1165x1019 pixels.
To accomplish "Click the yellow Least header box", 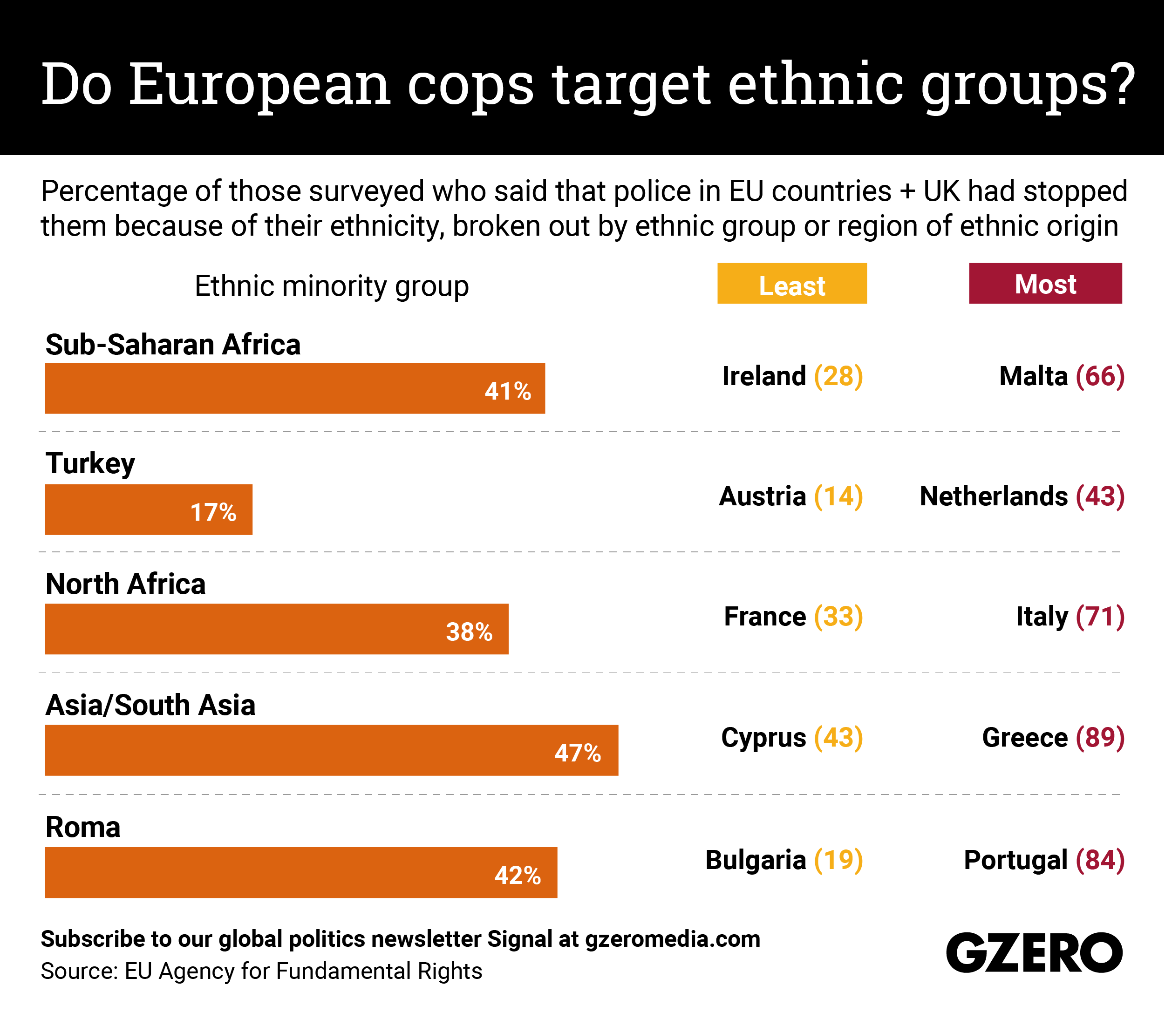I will click(791, 283).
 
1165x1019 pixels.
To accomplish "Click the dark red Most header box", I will click(1045, 283).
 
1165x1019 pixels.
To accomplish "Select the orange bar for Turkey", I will click(148, 509).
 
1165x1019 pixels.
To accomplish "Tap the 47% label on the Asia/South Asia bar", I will click(578, 753).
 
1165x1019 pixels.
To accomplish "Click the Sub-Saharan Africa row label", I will click(173, 345).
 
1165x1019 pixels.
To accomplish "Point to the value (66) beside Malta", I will click(1100, 376).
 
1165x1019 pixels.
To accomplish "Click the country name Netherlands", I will click(993, 496).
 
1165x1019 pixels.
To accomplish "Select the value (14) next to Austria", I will click(838, 496).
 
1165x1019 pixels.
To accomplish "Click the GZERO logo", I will click(1034, 952).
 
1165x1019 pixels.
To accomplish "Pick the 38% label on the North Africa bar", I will click(469, 632).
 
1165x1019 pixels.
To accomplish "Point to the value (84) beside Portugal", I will click(1100, 860).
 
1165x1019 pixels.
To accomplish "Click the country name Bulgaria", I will click(756, 860).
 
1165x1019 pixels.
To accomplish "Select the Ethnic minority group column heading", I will click(332, 285).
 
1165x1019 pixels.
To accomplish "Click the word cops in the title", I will click(470, 85).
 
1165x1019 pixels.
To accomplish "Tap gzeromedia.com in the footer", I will click(672, 939).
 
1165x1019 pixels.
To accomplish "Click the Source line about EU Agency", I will click(261, 971).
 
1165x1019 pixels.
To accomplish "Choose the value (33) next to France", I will click(838, 617).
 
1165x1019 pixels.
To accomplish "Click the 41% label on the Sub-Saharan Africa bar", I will click(507, 391).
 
